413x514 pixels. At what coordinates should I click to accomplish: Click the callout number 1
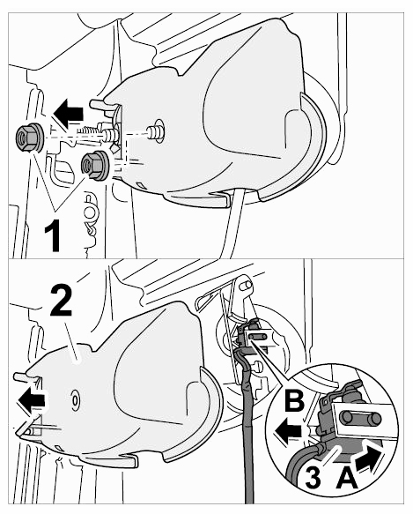click(53, 235)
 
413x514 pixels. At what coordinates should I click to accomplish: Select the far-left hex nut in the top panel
click(29, 138)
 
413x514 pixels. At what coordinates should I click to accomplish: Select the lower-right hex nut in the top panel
click(96, 166)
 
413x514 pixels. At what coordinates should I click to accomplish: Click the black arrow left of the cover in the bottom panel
click(32, 400)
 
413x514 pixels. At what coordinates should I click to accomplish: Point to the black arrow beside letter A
click(369, 459)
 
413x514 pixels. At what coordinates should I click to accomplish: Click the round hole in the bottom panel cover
click(75, 400)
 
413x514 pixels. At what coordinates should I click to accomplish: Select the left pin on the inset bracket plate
click(346, 418)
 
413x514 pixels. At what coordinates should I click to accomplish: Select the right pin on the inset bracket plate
click(374, 419)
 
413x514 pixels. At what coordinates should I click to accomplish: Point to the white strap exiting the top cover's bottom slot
click(233, 223)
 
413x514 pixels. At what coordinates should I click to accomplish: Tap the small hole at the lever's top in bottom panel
click(243, 287)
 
